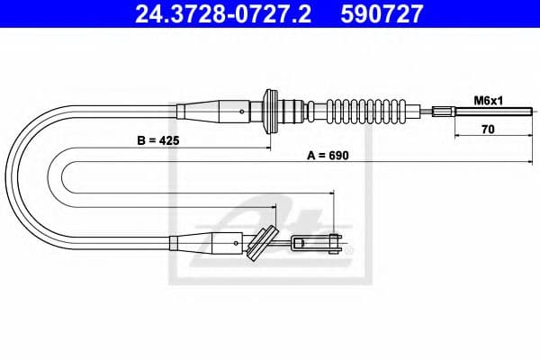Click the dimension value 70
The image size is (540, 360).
click(x=488, y=128)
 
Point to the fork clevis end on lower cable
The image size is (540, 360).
click(x=319, y=240)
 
